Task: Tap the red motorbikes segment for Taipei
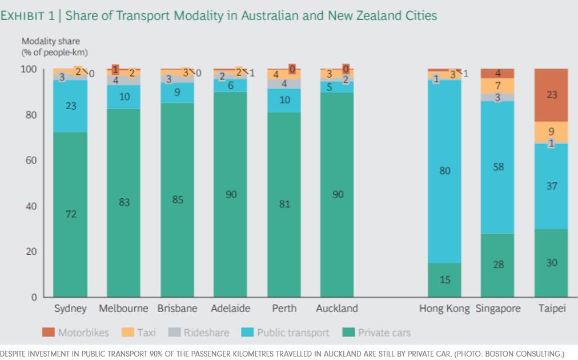(551, 95)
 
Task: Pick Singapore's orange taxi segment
(497, 86)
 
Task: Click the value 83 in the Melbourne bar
(124, 202)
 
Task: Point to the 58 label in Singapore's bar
(498, 167)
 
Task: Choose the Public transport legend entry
(286, 333)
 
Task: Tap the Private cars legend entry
(377, 333)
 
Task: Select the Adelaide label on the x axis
(230, 309)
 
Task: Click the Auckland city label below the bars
(337, 309)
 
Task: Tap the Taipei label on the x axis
(551, 309)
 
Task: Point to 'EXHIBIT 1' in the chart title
(29, 15)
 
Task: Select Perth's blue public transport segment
(284, 100)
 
